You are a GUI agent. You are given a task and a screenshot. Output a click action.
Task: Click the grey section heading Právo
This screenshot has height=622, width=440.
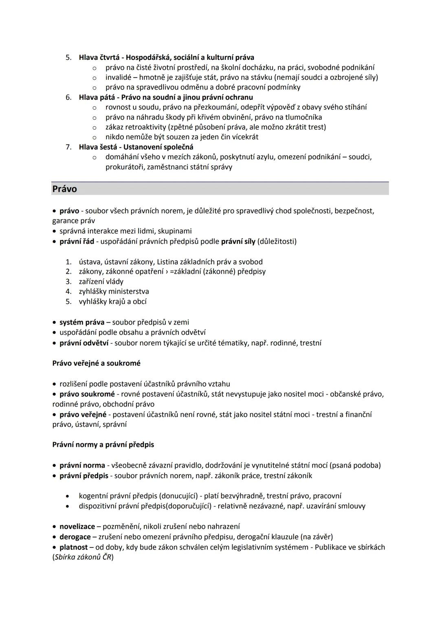65,189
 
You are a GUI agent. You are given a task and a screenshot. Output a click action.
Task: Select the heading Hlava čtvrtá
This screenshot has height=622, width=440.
101,57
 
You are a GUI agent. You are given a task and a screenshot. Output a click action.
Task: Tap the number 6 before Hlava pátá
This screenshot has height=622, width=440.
68,97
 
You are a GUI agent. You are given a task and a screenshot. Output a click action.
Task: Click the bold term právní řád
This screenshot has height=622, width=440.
77,242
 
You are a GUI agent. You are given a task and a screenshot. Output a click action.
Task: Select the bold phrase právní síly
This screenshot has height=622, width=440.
238,242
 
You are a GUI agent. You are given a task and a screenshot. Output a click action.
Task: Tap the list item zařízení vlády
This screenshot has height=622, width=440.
101,281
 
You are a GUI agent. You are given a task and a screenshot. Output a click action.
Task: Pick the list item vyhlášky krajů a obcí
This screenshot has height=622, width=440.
112,301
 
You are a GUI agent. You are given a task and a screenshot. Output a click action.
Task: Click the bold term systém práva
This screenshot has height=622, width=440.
82,322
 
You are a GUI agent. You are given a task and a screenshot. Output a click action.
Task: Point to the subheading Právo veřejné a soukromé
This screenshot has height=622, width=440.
96,363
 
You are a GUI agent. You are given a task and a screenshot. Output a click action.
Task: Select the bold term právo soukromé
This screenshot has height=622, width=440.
87,394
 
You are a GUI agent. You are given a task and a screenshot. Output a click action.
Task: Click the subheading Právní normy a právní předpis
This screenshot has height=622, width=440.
103,444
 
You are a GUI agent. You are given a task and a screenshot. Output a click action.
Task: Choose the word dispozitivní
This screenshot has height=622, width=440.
98,506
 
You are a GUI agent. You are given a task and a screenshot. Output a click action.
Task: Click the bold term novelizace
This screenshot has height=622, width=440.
77,526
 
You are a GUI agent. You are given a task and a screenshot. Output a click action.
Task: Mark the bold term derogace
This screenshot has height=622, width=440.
75,537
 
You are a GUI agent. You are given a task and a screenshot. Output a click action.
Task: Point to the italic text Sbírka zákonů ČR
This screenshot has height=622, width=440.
83,557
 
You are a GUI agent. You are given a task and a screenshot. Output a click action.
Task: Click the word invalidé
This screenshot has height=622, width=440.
118,77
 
